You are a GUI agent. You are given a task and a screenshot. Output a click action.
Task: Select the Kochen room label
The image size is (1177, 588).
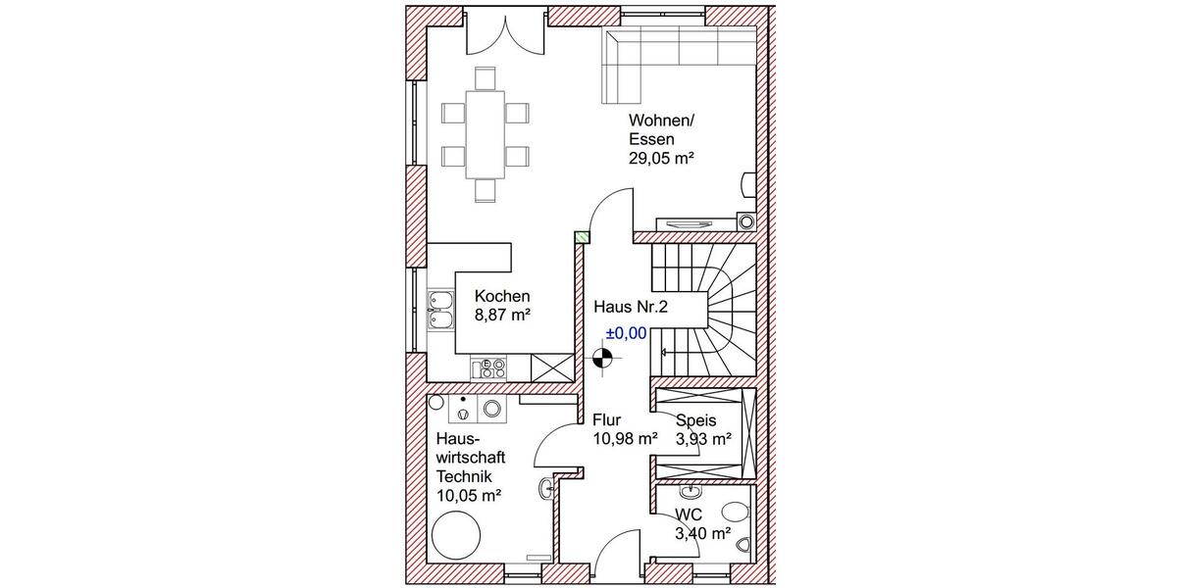502,296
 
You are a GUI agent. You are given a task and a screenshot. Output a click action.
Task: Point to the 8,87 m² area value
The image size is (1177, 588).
502,315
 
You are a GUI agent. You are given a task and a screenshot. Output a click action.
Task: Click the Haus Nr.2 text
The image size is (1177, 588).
631,307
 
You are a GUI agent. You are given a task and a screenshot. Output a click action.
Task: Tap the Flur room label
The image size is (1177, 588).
607,420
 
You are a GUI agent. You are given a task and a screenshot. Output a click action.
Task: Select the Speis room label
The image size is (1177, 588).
696,420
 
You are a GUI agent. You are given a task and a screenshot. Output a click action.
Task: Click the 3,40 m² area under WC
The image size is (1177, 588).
702,534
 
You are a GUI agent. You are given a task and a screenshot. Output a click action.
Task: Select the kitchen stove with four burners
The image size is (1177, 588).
489,368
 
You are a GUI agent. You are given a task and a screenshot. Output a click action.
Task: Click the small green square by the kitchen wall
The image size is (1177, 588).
582,236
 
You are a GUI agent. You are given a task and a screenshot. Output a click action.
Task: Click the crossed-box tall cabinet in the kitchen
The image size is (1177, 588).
552,368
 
